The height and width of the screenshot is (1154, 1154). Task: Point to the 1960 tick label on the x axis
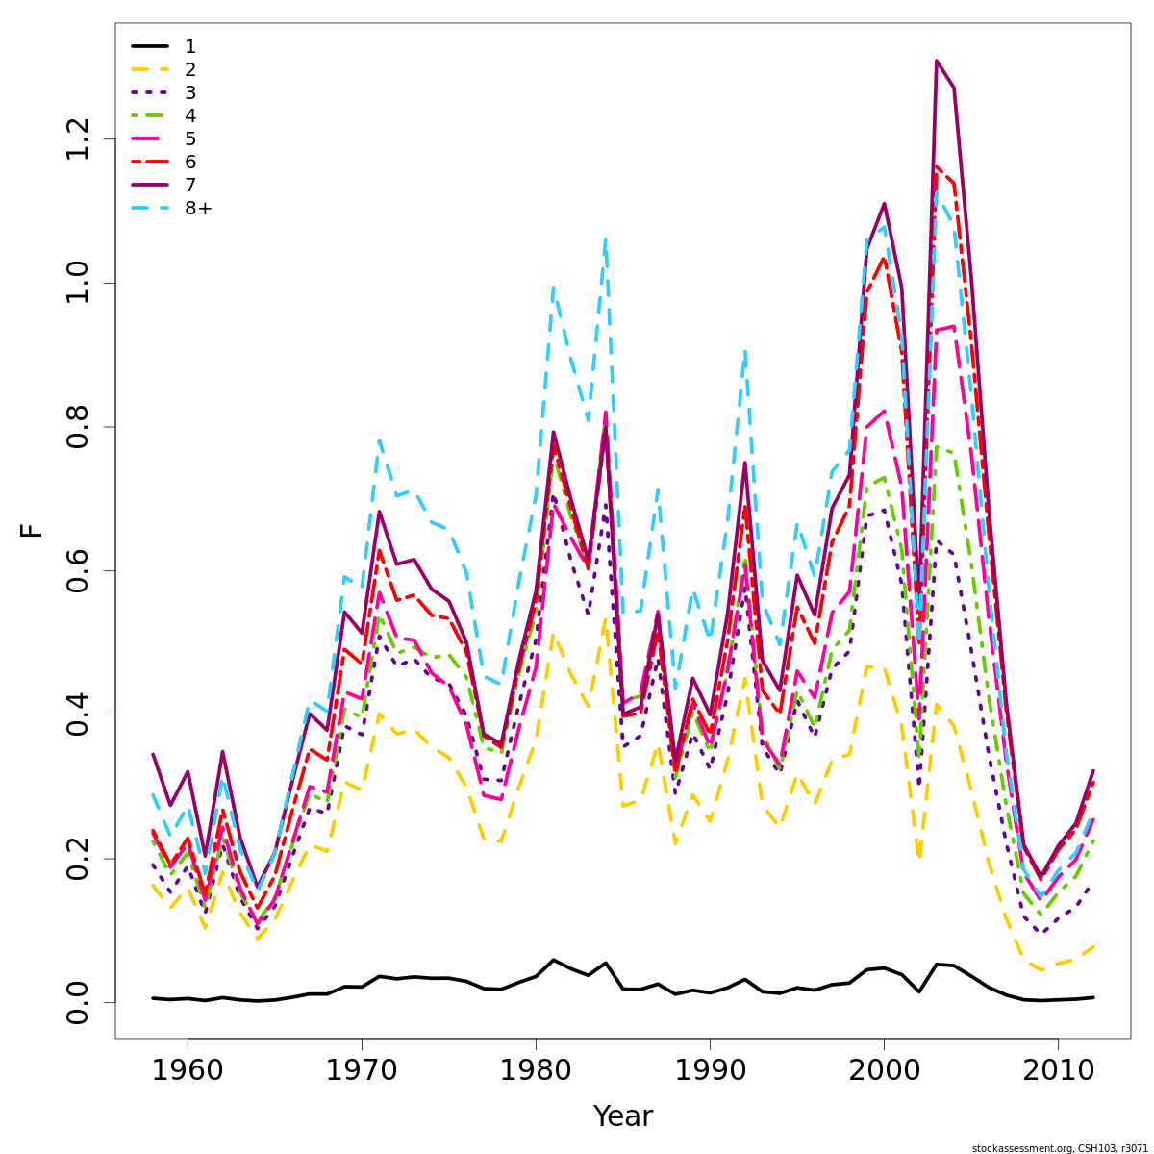point(188,1071)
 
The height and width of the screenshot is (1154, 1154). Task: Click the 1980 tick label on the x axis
point(536,1071)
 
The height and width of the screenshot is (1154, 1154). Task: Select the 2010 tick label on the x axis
point(1058,1071)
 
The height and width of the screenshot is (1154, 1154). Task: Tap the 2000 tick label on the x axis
point(884,1071)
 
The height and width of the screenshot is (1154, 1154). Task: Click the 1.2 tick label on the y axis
point(78,140)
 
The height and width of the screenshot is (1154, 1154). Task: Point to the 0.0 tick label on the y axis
point(78,1002)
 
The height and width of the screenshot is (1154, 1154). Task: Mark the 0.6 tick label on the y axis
point(78,571)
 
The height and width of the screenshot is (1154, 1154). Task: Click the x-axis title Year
point(622,1116)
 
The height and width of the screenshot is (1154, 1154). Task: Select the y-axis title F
point(33,530)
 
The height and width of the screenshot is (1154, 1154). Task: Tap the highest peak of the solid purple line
point(936,61)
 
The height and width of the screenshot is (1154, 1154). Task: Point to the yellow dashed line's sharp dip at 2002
point(919,855)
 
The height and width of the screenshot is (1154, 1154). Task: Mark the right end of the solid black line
point(1092,997)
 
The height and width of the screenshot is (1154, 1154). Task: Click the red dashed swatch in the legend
point(150,163)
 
